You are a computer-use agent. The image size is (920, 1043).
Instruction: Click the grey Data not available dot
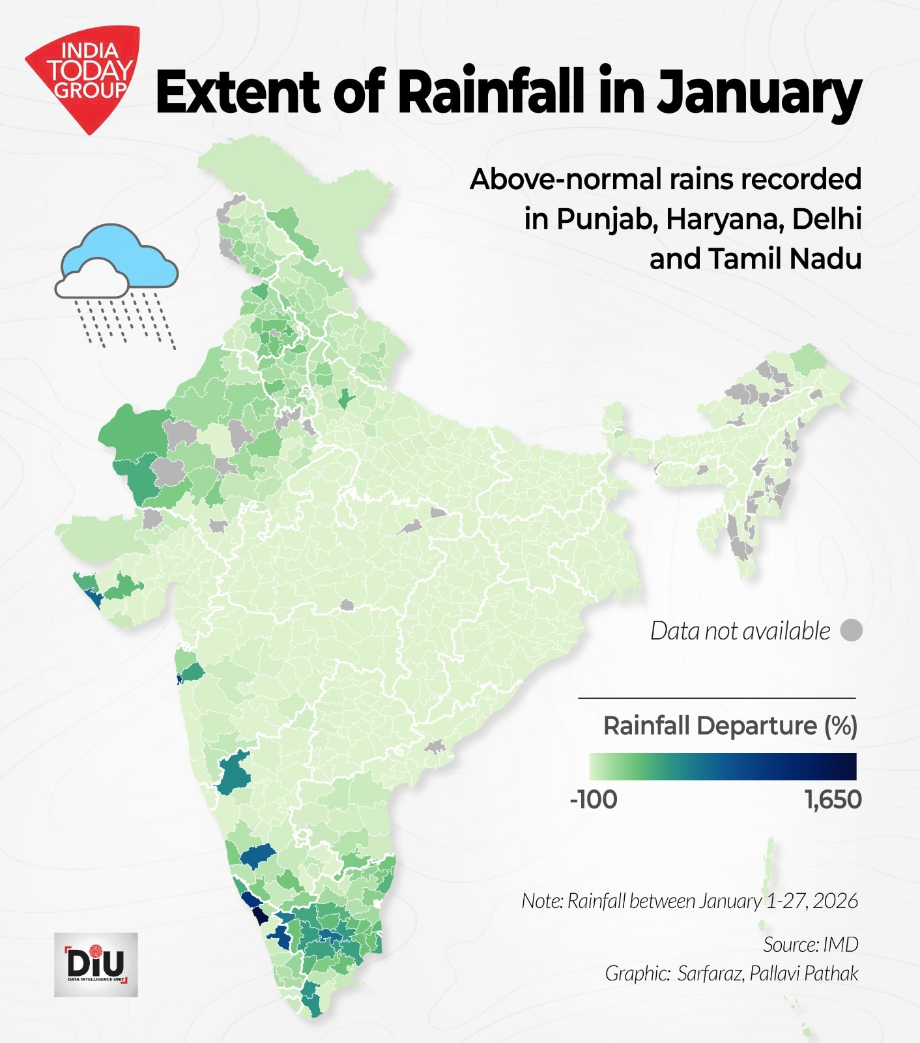point(851,630)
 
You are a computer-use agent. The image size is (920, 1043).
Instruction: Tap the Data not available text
point(740,631)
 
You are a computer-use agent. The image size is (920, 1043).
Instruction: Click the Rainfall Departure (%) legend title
point(730,726)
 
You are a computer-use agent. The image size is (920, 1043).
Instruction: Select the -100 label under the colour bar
point(593,799)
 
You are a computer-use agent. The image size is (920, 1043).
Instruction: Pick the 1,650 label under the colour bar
point(833,799)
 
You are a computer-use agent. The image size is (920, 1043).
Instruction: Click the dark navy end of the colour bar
point(844,766)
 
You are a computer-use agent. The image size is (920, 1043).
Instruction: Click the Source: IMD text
point(811,944)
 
